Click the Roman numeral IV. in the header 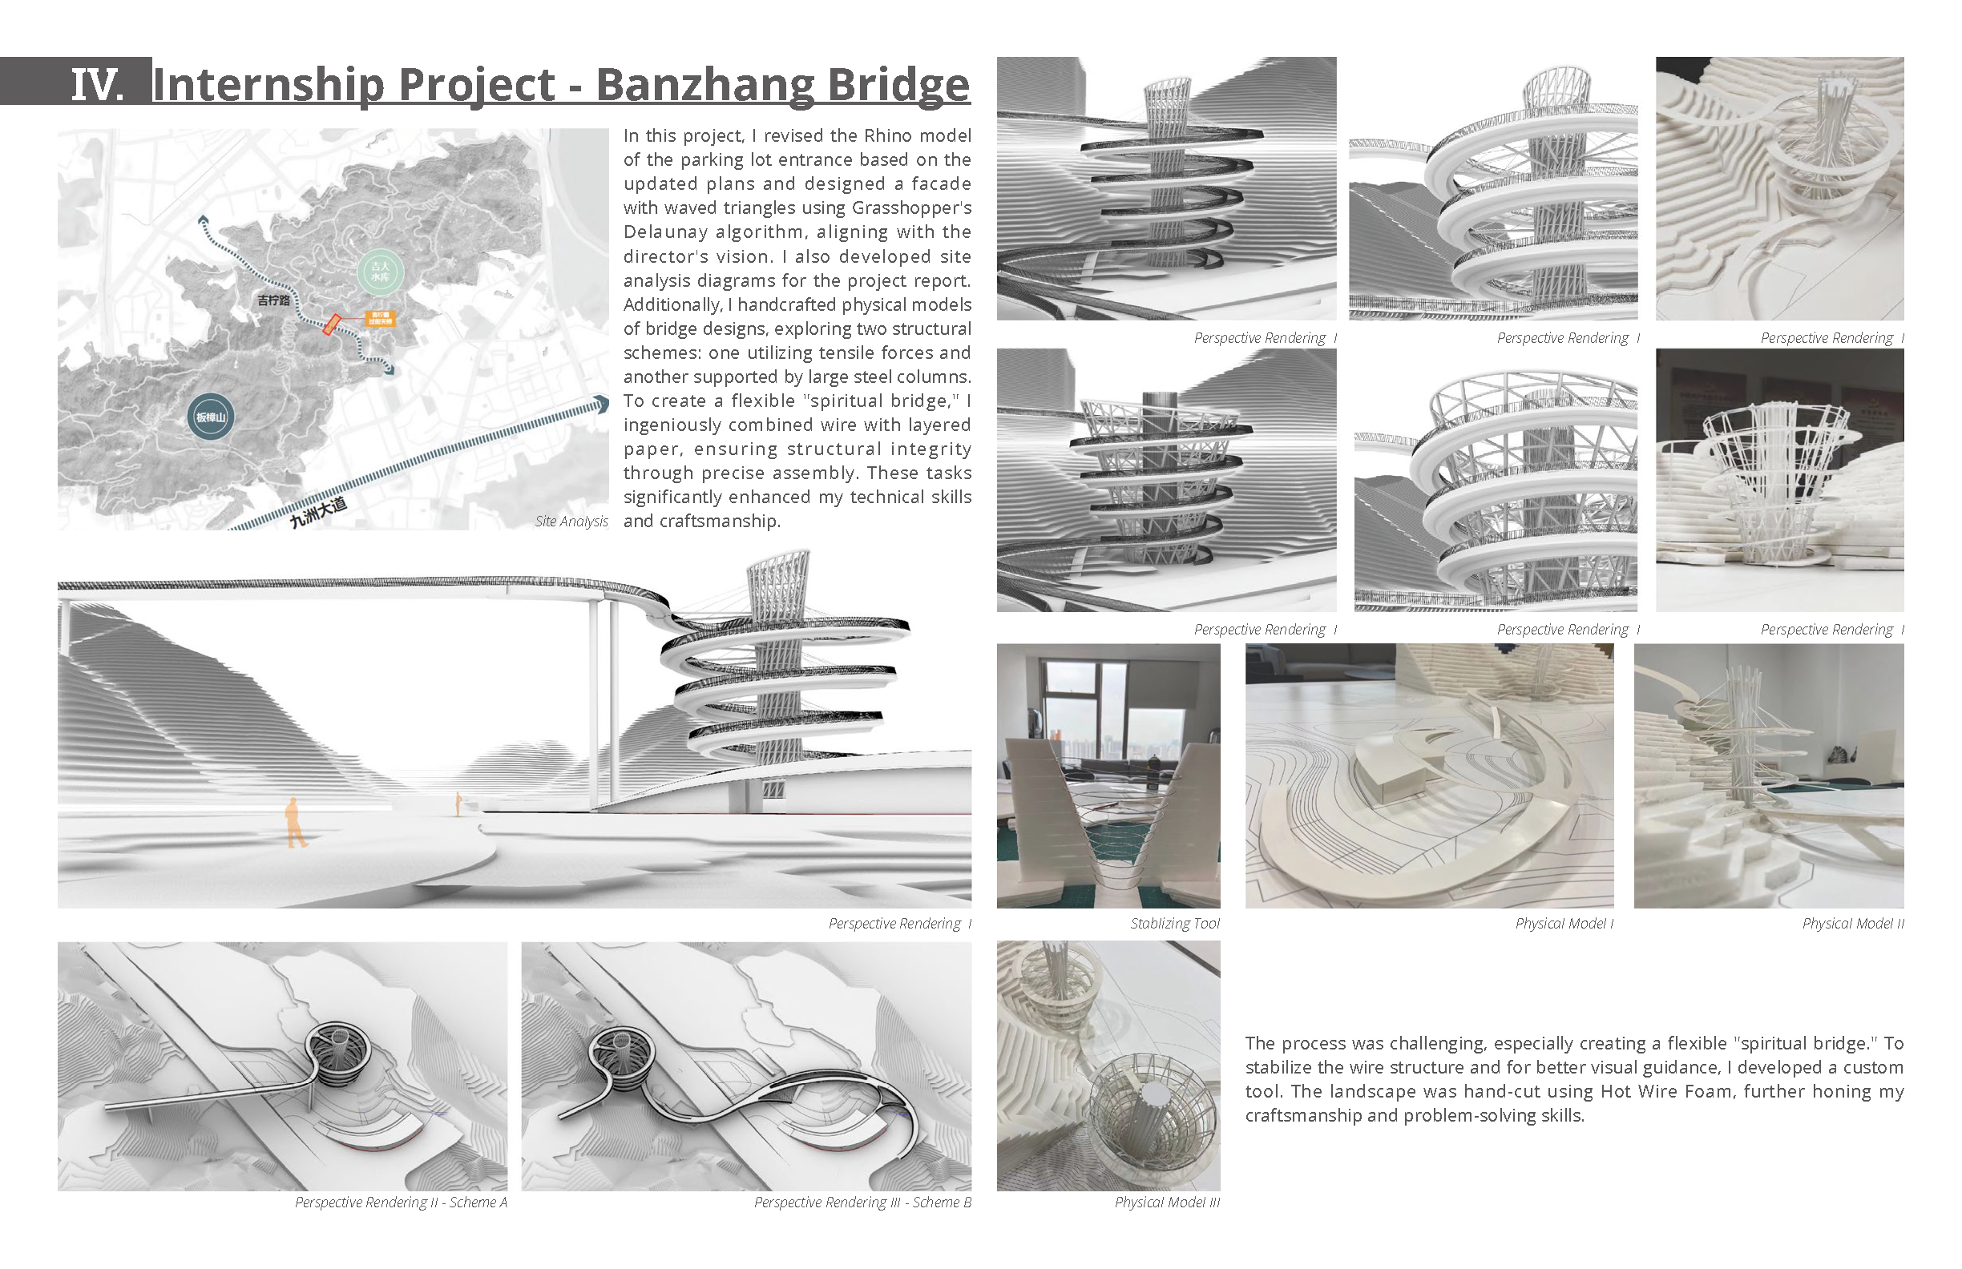pos(96,84)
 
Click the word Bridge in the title pos(898,84)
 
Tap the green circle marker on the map pos(380,272)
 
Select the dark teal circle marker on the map pos(210,417)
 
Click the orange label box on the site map pos(380,317)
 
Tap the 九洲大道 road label pos(318,513)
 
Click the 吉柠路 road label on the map pos(273,300)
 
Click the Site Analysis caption pos(571,521)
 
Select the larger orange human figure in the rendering pos(294,823)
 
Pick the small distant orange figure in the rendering pos(458,804)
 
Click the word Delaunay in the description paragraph pos(664,232)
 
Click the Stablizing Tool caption pos(1174,924)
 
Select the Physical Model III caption pos(1166,1203)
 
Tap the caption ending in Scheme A pos(401,1203)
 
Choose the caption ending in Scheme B pos(862,1203)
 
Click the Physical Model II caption pos(1852,924)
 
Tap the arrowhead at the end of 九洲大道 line pos(603,404)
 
